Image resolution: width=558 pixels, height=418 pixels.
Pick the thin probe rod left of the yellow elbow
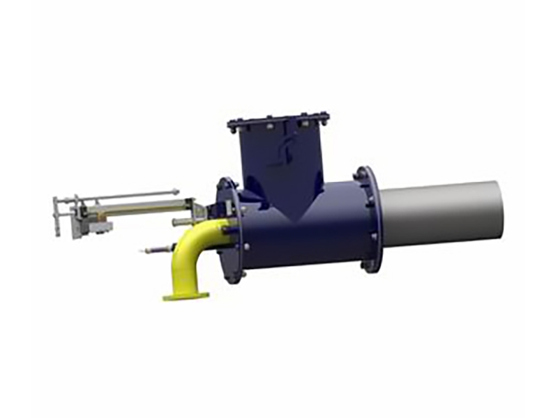click(155, 249)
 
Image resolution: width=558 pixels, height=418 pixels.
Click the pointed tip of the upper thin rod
click(177, 191)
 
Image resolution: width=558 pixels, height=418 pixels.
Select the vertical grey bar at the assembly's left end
click(56, 216)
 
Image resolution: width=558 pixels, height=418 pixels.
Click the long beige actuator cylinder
click(139, 206)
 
